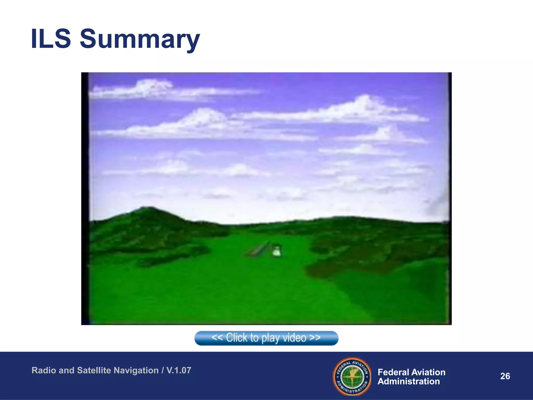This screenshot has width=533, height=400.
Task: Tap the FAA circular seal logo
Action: pos(352,376)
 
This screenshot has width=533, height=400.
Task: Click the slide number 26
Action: pos(505,376)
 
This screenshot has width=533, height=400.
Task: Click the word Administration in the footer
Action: pos(409,382)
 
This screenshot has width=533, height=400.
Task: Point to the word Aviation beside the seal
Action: pos(429,372)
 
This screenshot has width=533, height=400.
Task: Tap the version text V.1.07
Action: pos(179,370)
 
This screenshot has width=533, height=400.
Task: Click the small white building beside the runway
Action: pos(276,252)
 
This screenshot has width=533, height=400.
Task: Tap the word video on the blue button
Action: pos(294,338)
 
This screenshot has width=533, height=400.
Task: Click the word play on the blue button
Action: pos(271,338)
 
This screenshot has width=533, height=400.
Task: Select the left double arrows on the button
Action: pos(217,338)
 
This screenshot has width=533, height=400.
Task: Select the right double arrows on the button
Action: pos(315,338)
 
